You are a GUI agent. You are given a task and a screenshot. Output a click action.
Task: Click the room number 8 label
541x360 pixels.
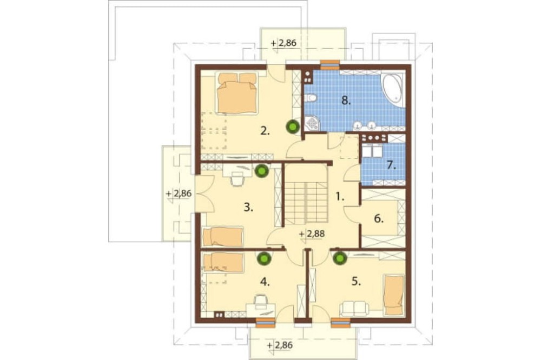click(x=346, y=101)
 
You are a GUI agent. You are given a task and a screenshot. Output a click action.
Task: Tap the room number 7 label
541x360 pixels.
click(x=391, y=165)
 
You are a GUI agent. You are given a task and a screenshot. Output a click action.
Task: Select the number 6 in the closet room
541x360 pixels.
click(x=379, y=218)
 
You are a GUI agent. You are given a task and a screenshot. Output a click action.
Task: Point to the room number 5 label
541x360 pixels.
click(x=356, y=282)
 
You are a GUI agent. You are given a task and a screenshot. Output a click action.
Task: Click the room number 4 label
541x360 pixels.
click(x=265, y=282)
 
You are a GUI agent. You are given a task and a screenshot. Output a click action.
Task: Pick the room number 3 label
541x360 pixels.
click(x=248, y=208)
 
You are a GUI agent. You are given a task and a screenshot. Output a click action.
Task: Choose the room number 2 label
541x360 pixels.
click(x=265, y=131)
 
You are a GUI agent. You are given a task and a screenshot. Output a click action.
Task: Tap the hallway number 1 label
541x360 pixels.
click(x=340, y=197)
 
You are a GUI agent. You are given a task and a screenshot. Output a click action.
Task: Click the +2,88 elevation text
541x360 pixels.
click(x=312, y=234)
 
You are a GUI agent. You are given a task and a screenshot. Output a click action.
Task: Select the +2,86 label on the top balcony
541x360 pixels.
click(x=283, y=43)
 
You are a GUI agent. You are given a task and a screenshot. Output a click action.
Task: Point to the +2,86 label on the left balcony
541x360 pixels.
click(x=179, y=194)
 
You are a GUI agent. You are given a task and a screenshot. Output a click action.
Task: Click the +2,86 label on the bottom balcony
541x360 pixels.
click(x=280, y=345)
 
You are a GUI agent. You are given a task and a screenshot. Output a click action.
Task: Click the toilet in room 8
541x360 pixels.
click(x=311, y=98)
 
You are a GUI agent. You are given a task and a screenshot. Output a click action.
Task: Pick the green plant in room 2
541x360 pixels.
click(x=293, y=126)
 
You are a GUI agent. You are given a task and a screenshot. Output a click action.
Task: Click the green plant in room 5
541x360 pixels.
click(x=340, y=258)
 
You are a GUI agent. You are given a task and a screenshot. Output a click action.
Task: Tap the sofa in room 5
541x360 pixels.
click(x=354, y=308)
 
